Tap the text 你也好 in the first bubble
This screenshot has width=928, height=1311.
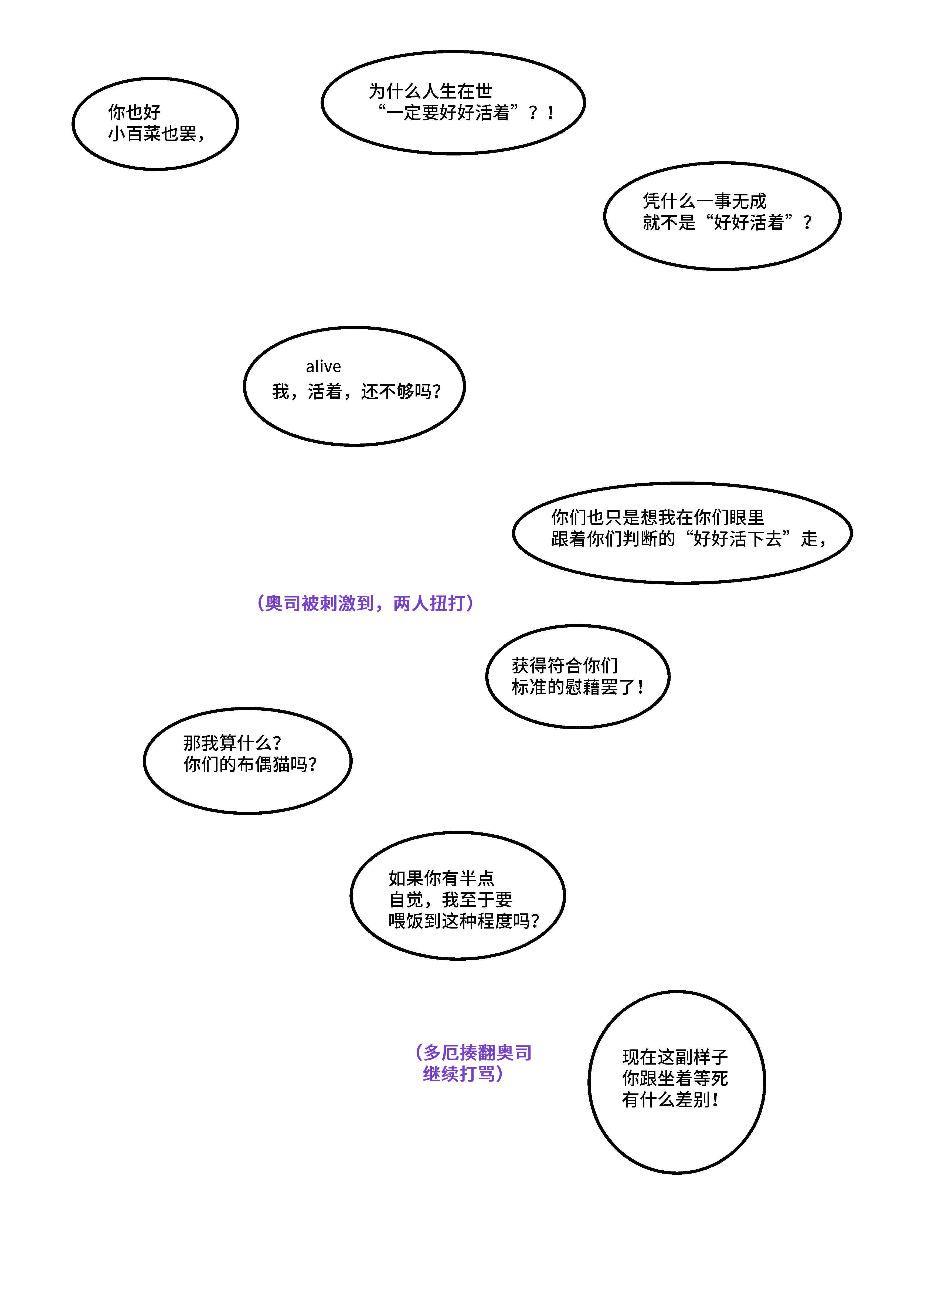134,112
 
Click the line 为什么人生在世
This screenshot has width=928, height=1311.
430,91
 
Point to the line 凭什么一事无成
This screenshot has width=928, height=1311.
705,201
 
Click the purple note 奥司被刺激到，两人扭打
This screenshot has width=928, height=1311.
366,603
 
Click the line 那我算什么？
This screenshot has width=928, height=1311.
233,742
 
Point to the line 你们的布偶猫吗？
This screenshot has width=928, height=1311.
250,764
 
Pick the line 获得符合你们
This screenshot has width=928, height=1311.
565,665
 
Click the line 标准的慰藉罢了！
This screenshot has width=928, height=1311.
578,687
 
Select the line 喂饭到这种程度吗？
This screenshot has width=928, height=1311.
464,921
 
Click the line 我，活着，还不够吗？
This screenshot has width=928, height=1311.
356,391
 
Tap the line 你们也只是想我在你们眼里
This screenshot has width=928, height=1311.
658,517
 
